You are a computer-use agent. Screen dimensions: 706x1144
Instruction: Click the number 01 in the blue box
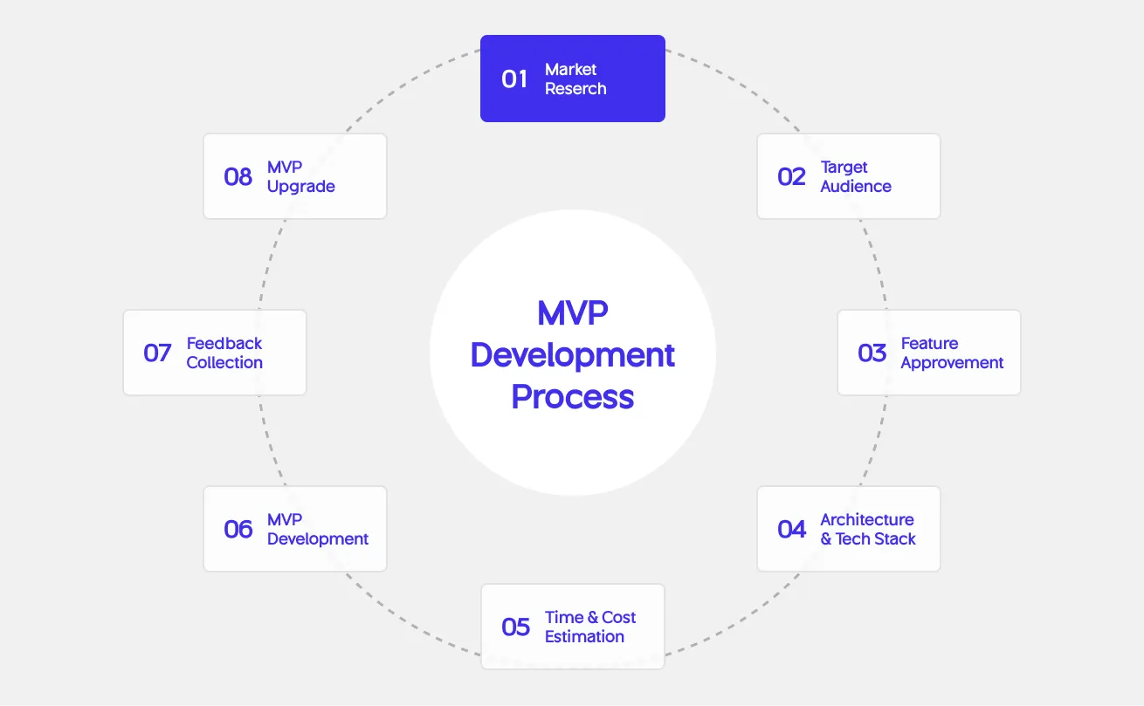click(x=514, y=79)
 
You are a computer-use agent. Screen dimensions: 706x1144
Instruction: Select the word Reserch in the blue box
click(x=575, y=89)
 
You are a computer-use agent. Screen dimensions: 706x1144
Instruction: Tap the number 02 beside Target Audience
click(x=791, y=177)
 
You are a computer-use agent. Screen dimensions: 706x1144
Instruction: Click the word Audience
click(x=856, y=187)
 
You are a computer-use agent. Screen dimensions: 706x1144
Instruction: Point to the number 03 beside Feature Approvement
click(x=872, y=353)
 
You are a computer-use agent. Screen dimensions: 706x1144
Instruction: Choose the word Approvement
click(x=952, y=363)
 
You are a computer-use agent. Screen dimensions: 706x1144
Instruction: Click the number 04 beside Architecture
click(x=791, y=530)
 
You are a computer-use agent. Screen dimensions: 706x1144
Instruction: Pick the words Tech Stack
click(x=875, y=539)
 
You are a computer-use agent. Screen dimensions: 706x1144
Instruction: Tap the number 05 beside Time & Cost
click(x=515, y=627)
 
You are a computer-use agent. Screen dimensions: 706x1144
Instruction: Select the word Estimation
click(x=584, y=637)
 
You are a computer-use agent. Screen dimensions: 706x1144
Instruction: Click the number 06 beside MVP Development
click(x=238, y=530)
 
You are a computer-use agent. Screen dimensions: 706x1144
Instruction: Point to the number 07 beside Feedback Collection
click(x=157, y=353)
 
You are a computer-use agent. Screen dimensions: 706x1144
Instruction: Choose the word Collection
click(x=224, y=363)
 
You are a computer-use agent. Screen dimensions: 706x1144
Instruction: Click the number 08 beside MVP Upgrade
click(x=238, y=177)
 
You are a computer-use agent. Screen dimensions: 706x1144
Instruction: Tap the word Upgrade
click(x=301, y=187)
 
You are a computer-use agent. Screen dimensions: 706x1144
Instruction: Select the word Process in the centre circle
click(x=572, y=397)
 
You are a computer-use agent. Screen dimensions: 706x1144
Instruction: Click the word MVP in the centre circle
click(x=572, y=313)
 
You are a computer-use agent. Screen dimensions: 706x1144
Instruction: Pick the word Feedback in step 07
click(x=224, y=344)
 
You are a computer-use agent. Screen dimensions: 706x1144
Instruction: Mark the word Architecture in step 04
click(x=867, y=520)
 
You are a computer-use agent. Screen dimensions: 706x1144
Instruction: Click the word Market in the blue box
click(x=571, y=70)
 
